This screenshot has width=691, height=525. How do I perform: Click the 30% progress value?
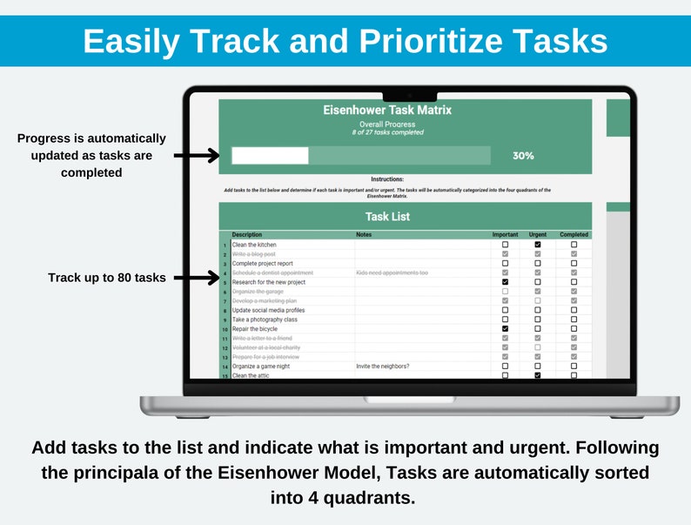coord(523,156)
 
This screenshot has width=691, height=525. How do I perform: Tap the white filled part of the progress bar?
coord(270,156)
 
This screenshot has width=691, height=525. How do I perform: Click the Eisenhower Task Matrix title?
coord(387,111)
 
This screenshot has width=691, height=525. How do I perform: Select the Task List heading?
coord(387,216)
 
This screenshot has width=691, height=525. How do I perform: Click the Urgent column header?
coord(538,234)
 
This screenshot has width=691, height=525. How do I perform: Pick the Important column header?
coord(505,234)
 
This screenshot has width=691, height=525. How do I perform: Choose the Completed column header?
coord(574,234)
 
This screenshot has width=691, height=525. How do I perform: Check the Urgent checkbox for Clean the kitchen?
coord(538,245)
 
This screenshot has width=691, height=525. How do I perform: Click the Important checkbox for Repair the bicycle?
coord(505,329)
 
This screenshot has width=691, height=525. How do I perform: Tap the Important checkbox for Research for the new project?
coord(505,282)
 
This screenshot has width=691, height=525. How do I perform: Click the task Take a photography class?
coord(265,320)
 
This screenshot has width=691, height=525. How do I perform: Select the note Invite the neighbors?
coord(382,367)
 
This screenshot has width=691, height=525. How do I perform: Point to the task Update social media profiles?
coord(268,310)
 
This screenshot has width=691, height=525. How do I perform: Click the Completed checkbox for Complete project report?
coord(574,263)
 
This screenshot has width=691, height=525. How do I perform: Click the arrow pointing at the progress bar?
coord(195,156)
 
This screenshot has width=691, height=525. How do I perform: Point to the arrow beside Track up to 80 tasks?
coord(195,278)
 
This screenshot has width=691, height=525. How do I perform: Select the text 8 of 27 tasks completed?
coord(387,132)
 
